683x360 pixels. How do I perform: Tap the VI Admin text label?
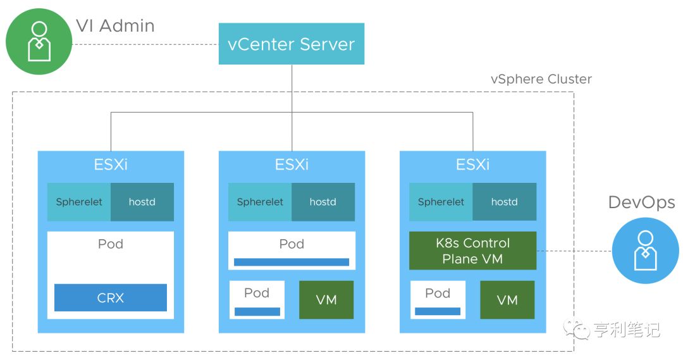(114, 26)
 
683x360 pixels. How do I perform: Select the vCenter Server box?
(291, 44)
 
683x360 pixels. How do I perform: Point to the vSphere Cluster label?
(541, 79)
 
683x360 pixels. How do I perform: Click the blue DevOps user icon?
(645, 251)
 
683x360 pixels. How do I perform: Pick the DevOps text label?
(641, 202)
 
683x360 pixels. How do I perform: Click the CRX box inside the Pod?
(110, 297)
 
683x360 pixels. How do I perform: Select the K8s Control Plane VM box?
(472, 251)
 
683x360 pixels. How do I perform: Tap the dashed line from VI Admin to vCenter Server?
(145, 44)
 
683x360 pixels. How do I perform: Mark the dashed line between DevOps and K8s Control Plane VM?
(574, 251)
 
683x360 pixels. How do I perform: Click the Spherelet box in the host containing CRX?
(79, 202)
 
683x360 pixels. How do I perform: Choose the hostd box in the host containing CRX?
(142, 202)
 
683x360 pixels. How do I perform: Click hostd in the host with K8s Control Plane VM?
(504, 202)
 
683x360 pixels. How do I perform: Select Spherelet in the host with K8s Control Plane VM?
(441, 202)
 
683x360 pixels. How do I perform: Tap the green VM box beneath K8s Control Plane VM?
(507, 300)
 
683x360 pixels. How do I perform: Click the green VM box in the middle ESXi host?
(326, 300)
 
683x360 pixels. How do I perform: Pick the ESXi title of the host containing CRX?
(111, 164)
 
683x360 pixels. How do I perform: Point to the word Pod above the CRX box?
(111, 244)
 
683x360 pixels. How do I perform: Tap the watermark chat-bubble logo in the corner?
(577, 328)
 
